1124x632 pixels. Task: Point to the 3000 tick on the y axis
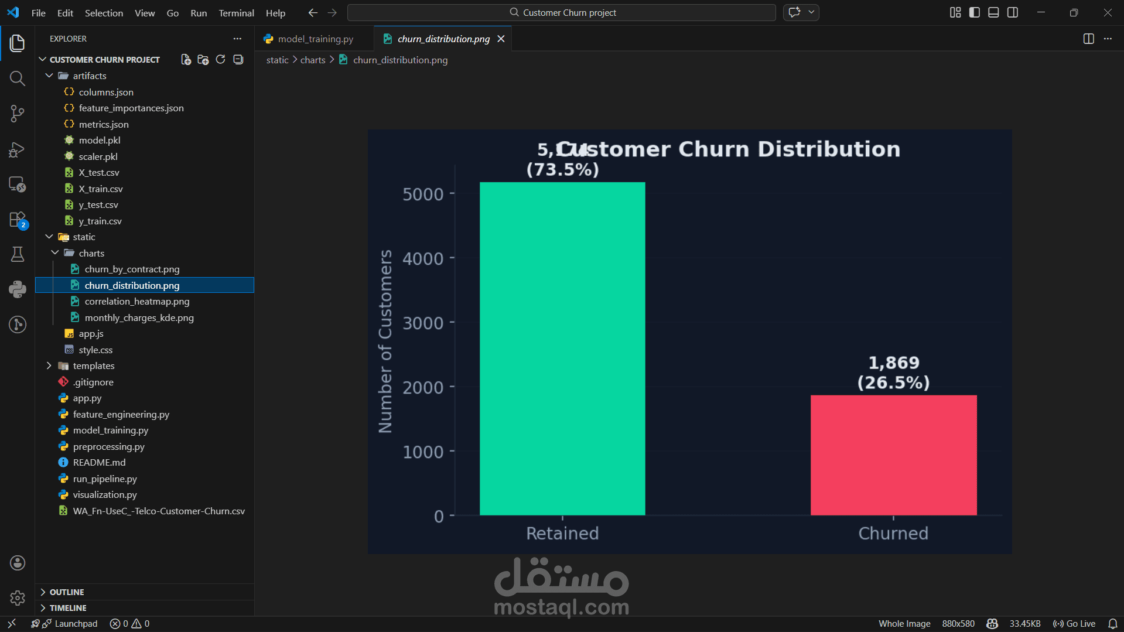423,323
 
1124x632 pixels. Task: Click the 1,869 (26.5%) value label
893,373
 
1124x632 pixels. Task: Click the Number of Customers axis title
385,341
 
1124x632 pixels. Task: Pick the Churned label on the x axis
893,534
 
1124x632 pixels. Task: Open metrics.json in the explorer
104,124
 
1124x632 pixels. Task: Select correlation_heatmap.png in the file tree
136,301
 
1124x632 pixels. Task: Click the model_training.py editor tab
315,39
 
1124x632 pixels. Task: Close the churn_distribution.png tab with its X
501,39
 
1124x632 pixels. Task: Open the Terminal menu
236,13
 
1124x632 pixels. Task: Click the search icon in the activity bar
18,78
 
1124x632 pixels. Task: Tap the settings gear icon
18,597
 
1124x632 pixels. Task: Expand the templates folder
93,365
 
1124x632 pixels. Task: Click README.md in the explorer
99,462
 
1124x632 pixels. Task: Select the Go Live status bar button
1074,624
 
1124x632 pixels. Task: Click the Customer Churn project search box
562,13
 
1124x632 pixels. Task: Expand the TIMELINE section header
68,608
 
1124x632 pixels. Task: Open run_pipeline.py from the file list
105,479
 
